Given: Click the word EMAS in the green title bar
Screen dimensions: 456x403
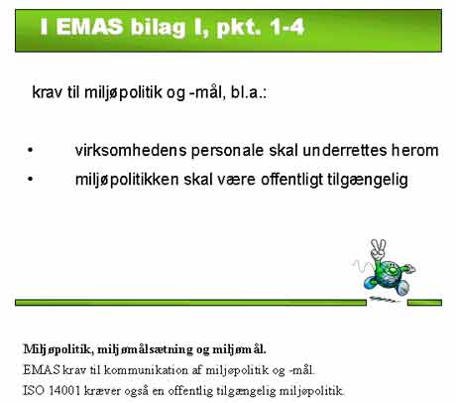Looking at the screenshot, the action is coord(89,27).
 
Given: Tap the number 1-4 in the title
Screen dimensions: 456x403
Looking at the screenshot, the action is coord(286,27).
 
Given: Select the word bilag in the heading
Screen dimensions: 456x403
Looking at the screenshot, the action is coord(158,29).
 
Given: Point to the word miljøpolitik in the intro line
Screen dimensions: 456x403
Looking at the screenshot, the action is coord(123,92).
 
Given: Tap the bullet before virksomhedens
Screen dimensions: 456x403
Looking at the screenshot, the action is coord(31,150).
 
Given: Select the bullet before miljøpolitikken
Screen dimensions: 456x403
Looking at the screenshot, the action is coord(31,180).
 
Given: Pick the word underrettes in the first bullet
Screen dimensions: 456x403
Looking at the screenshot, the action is coord(345,151).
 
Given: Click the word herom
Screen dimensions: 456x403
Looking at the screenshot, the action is coord(415,151).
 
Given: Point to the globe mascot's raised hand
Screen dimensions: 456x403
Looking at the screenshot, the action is coord(378,249).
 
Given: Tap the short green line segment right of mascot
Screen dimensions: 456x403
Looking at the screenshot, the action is coord(424,303).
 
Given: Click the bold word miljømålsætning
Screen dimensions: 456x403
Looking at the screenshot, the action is coord(145,349).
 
